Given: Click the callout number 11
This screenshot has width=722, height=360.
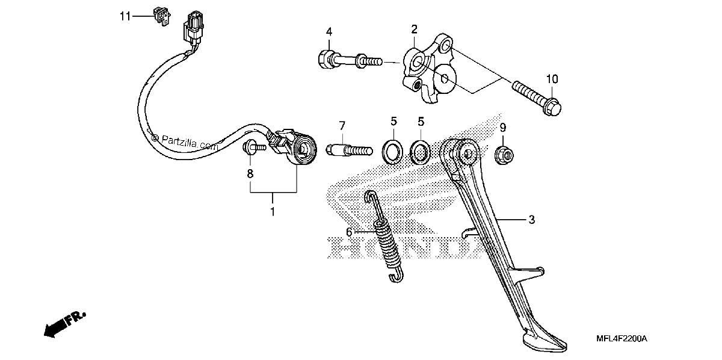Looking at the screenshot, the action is pos(125,16).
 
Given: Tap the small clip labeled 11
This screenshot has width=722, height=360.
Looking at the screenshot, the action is pos(161,16).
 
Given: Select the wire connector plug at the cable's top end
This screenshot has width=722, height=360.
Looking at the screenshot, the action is pos(193,27).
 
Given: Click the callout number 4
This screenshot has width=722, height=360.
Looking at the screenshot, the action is pos(329,32).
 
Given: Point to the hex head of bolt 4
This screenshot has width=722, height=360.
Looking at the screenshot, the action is pos(326,59).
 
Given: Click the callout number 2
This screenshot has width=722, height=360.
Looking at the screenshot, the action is pos(414,29).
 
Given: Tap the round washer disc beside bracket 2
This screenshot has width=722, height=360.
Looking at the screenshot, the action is pos(444,78).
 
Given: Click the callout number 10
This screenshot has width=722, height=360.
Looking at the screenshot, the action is pos(552,79).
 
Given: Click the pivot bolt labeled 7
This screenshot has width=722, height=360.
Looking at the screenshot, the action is pos(350,151).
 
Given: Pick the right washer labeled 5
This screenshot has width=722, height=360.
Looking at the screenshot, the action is pos(420,151).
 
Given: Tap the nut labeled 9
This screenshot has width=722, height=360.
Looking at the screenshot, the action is pos(504,155).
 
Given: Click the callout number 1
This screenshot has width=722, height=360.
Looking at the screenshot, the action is pos(273,212).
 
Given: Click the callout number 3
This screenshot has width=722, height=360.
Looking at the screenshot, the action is pos(532,220).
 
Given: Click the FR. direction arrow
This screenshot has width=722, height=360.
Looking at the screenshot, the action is pos(64,325).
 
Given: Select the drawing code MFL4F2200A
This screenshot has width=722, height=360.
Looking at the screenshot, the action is pos(622,339).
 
